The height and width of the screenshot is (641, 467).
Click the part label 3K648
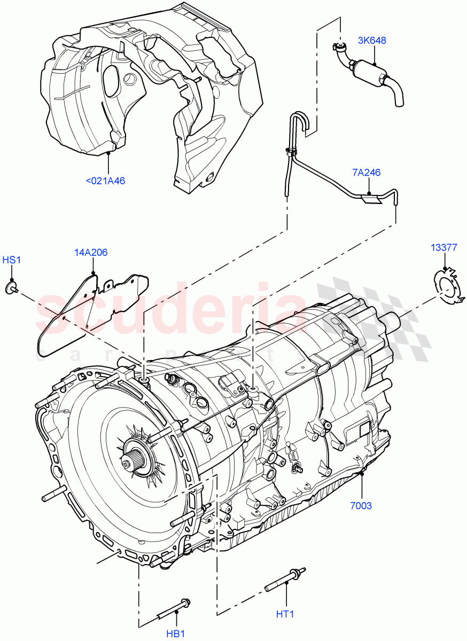point(373,40)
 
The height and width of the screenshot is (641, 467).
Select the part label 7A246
point(366,173)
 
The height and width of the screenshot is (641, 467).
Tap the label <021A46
point(105,181)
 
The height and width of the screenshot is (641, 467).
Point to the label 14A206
point(91,252)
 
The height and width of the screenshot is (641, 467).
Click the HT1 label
point(285,614)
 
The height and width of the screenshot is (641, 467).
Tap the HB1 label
point(175,634)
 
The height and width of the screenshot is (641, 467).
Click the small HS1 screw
point(11,288)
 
